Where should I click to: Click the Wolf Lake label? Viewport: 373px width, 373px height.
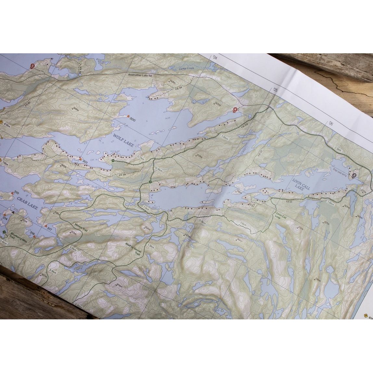click(125, 140)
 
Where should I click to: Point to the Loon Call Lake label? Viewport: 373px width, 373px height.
click(301, 185)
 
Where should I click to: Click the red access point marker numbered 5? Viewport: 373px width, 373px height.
click(32, 66)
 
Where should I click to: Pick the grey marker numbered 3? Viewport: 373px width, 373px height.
click(354, 175)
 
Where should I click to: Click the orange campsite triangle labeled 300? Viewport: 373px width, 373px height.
click(128, 116)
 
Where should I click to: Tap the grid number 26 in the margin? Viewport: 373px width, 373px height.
click(331, 123)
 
